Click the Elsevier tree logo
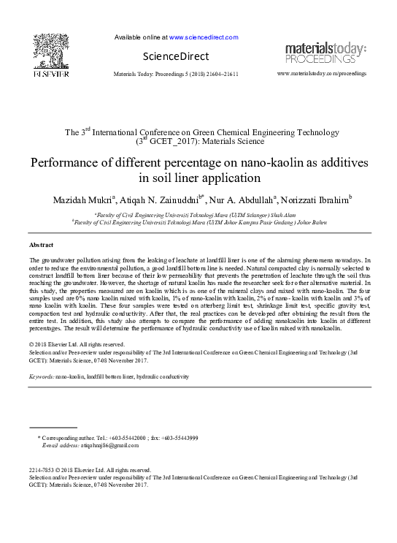pyautogui.click(x=50, y=50)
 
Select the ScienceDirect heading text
pyautogui.click(x=175, y=56)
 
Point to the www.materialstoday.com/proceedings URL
pyautogui.click(x=322, y=75)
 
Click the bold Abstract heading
pyautogui.click(x=42, y=244)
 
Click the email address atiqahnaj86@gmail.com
pyautogui.click(x=100, y=444)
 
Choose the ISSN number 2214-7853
pyautogui.click(x=42, y=470)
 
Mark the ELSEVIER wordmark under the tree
pyautogui.click(x=50, y=73)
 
